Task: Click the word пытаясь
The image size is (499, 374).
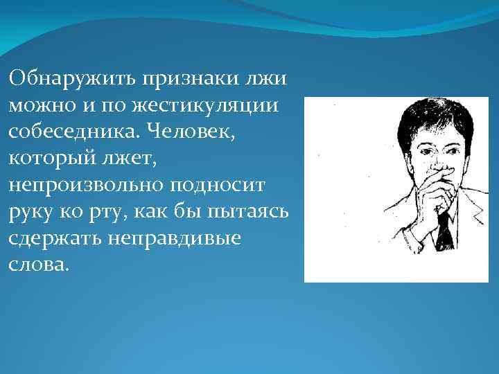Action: point(257,212)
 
